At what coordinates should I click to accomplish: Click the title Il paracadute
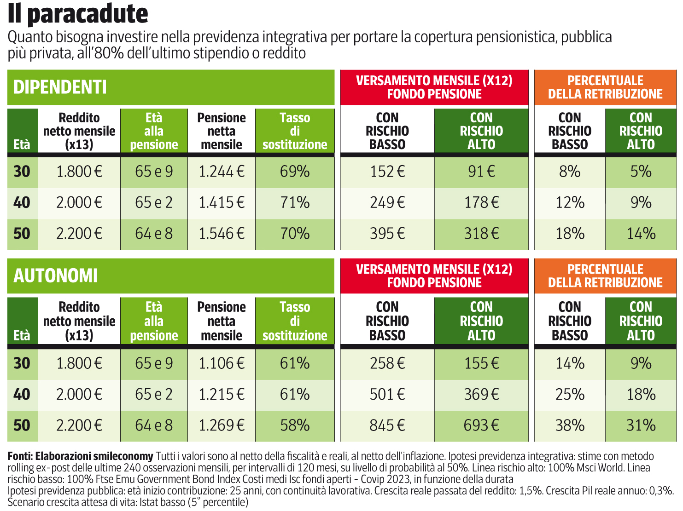click(x=78, y=14)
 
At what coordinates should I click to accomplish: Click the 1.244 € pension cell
click(x=222, y=172)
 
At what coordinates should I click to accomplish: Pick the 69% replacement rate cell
click(x=295, y=172)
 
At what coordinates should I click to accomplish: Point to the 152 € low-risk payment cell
click(x=387, y=172)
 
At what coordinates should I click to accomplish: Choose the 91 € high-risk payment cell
click(x=481, y=172)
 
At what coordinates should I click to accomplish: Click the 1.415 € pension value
click(x=222, y=202)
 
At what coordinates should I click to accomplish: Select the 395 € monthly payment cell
click(x=387, y=234)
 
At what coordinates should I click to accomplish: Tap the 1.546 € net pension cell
click(x=222, y=234)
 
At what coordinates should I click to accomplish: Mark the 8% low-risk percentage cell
click(x=570, y=172)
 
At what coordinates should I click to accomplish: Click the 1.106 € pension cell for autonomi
click(x=222, y=363)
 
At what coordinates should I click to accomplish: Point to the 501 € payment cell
click(x=387, y=394)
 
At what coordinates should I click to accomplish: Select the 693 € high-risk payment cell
click(x=481, y=425)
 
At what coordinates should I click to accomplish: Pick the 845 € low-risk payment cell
click(x=387, y=425)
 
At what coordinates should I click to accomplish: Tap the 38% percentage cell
click(x=570, y=425)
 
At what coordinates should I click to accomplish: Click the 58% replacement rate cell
click(x=295, y=425)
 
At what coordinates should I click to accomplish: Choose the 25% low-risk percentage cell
click(x=570, y=394)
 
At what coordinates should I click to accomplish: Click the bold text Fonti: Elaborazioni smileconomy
click(x=80, y=456)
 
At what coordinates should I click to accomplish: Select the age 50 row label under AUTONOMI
click(x=22, y=425)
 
